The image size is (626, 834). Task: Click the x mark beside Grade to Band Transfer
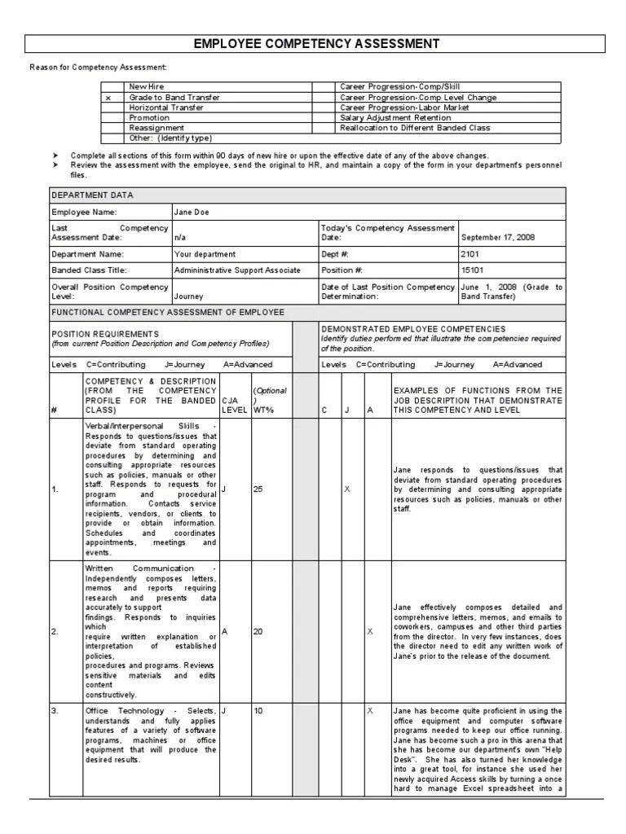point(108,98)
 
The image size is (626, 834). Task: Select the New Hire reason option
point(146,87)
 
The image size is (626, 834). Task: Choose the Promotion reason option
point(149,118)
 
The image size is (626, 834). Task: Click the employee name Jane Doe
point(192,213)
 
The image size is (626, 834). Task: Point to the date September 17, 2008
point(498,238)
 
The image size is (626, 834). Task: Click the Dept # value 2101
point(470,254)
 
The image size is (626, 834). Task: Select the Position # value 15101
point(473,270)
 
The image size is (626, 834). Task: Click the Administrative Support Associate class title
point(237,270)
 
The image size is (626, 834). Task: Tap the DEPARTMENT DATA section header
point(93,195)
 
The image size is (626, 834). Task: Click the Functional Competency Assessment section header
point(168,312)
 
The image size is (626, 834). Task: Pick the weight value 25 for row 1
point(258,489)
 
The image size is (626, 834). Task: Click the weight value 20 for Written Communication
point(258,631)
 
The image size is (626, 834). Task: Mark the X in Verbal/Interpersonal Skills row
point(347,489)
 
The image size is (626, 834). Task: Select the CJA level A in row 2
point(224,631)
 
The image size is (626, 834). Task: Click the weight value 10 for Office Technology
point(258,711)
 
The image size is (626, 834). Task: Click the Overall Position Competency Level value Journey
point(188,297)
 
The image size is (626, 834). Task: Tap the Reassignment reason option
point(156,128)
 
